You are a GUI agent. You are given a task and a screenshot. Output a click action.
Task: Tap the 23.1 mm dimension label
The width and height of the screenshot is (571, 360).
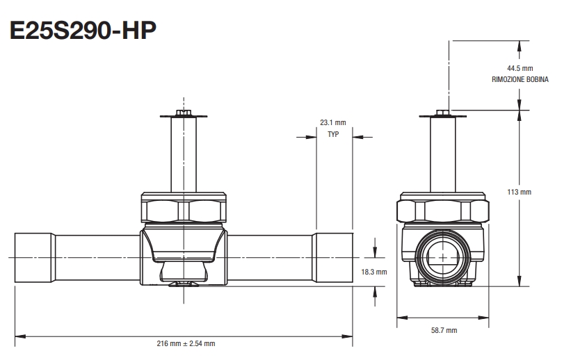point(332,122)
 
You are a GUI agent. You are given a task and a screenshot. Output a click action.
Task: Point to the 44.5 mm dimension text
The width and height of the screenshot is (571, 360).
point(520,68)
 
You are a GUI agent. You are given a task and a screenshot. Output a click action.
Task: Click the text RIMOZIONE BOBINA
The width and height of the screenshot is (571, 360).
point(520,79)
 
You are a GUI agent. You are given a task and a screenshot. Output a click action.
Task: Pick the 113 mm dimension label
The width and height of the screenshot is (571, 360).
point(520,191)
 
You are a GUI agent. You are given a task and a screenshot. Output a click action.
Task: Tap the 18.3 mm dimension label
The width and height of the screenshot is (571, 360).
point(374,272)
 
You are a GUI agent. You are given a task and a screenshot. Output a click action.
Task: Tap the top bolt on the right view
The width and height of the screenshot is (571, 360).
point(443,113)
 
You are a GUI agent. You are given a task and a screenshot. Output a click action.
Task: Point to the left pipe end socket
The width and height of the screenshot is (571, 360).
point(34,257)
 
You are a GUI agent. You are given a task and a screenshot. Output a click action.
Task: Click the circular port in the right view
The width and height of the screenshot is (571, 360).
point(443,257)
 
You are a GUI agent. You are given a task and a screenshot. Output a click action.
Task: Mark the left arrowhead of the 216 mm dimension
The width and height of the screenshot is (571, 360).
point(18,336)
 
